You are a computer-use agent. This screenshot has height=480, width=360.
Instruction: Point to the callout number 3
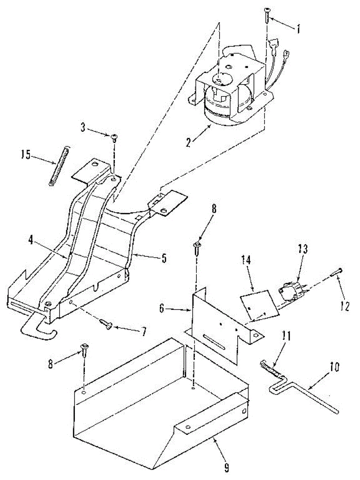click(x=83, y=127)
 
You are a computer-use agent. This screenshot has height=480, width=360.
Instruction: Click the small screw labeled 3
click(x=114, y=139)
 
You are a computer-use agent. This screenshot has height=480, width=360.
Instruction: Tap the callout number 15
click(x=26, y=155)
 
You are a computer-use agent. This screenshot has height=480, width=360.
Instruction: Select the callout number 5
click(x=164, y=258)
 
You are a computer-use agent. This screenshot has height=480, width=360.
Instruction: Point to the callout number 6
click(x=162, y=308)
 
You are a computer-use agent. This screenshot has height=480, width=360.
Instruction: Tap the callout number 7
click(x=143, y=331)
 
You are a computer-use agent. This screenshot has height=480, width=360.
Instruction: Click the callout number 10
click(x=334, y=367)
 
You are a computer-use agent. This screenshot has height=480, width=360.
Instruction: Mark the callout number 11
click(x=286, y=336)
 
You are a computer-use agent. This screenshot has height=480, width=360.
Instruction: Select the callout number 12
click(x=345, y=306)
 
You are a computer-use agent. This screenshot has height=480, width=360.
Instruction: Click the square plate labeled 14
click(x=260, y=306)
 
